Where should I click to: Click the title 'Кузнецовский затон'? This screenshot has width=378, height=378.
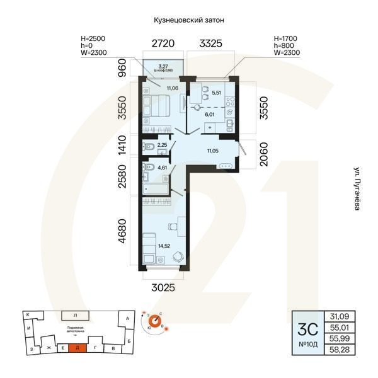click(x=189, y=20)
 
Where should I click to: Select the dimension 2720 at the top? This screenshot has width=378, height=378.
click(x=163, y=44)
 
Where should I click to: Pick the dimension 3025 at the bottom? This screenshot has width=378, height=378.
click(x=163, y=287)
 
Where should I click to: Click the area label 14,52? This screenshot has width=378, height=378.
click(x=164, y=245)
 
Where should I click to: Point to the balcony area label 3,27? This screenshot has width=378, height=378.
click(x=163, y=66)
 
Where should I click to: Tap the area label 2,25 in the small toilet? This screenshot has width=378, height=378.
click(x=162, y=146)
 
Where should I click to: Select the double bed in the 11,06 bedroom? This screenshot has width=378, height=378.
click(x=154, y=107)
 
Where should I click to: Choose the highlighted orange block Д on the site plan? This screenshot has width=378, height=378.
click(x=77, y=347)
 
